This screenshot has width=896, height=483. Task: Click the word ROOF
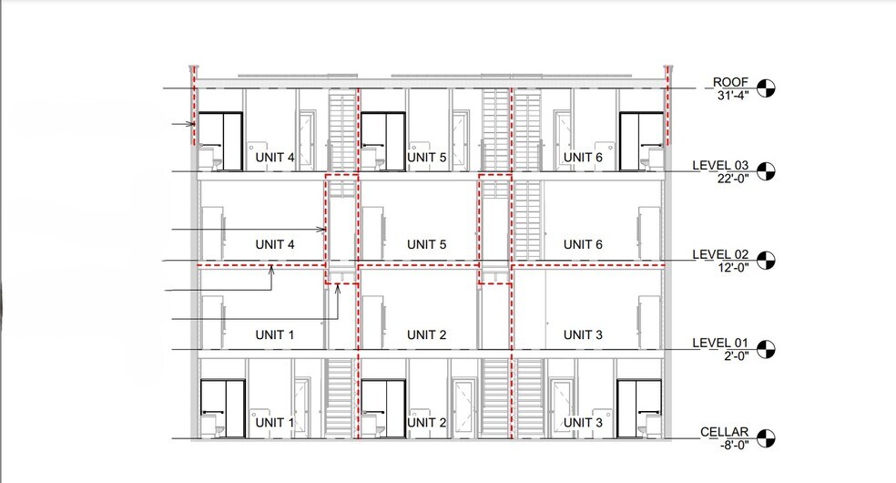(x=730, y=81)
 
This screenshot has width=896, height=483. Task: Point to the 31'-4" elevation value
(x=731, y=95)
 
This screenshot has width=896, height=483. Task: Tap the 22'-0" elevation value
(x=731, y=179)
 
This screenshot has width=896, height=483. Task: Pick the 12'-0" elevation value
(x=731, y=267)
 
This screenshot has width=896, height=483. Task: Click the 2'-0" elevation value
(x=731, y=356)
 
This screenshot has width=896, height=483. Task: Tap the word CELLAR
(x=725, y=432)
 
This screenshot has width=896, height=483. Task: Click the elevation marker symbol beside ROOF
(x=769, y=88)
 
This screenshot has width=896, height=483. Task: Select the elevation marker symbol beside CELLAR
(x=769, y=439)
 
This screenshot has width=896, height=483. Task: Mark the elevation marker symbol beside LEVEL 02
(x=769, y=261)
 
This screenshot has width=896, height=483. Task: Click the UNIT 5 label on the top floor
(x=426, y=158)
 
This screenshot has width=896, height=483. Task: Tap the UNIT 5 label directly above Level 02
(x=426, y=244)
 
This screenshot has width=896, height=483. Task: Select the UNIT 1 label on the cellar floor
(x=274, y=423)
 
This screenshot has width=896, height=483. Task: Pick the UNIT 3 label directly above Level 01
(x=583, y=334)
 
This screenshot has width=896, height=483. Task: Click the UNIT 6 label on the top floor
(x=583, y=158)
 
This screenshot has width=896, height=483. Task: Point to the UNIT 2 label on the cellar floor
(x=426, y=423)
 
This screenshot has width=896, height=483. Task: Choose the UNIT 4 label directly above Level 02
(x=274, y=244)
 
